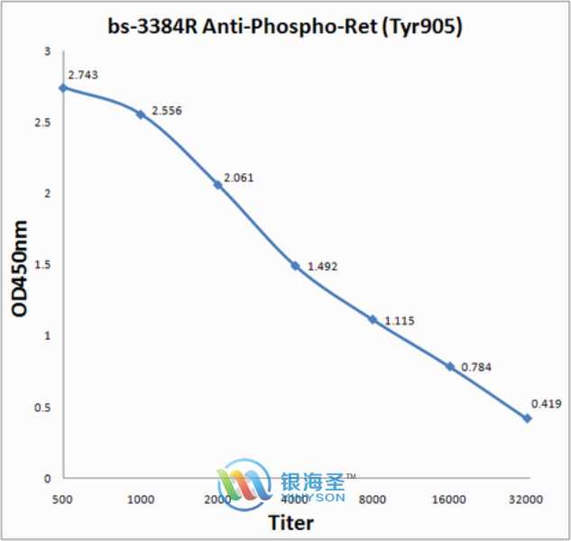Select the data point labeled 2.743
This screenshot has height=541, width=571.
62,88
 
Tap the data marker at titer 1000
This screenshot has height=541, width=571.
140,115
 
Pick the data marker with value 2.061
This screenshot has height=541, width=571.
217,185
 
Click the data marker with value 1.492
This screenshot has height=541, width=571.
295,266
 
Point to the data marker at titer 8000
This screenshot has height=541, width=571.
373,319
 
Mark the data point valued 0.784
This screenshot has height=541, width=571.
450,366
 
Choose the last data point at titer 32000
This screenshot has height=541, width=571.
528,418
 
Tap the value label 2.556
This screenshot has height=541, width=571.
167,109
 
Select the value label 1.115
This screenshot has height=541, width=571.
400,320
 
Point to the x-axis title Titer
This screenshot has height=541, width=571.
291,523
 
